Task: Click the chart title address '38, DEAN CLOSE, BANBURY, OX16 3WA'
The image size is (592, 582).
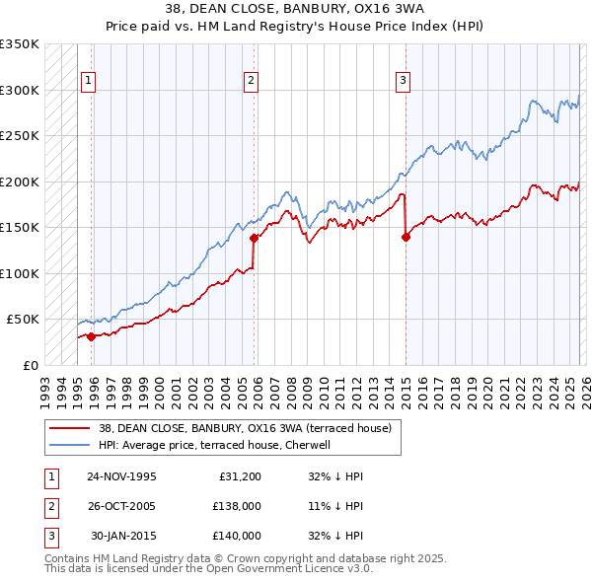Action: (x=295, y=12)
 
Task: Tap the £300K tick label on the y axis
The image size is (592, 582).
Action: (x=20, y=90)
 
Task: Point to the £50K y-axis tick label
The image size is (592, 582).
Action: (x=24, y=320)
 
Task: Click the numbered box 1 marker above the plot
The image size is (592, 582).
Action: (x=89, y=81)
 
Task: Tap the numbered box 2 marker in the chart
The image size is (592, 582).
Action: (x=252, y=81)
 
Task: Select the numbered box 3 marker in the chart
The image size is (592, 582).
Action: (x=404, y=81)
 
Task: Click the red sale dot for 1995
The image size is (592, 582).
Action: (x=92, y=336)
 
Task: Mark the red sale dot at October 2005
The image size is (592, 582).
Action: (x=254, y=238)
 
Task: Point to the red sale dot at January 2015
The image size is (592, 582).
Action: (x=406, y=236)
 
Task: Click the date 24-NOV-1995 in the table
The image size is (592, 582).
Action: (x=121, y=476)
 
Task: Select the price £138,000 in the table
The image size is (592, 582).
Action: (x=237, y=506)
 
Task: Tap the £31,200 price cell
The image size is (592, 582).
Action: (x=237, y=476)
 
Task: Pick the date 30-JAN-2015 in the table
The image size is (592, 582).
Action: (x=121, y=536)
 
